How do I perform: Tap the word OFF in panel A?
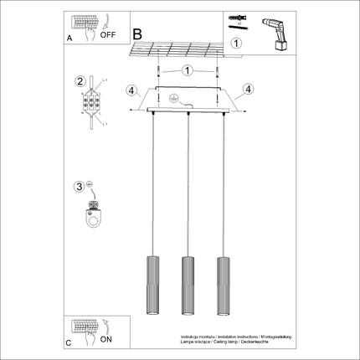tap(108, 36)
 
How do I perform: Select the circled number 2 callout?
tap(80, 81)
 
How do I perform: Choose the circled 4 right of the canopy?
tap(248, 89)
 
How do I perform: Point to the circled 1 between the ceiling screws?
tap(187, 72)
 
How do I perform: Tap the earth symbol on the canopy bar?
tap(173, 98)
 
